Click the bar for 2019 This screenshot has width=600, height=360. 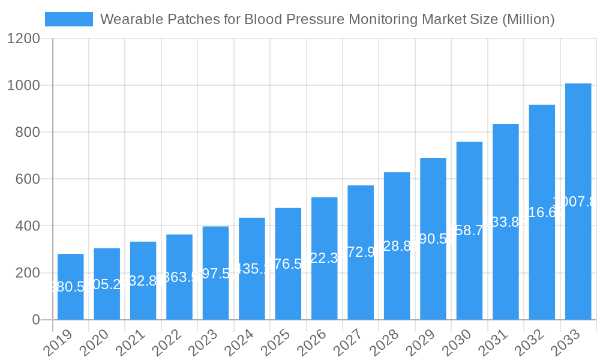tap(71, 287)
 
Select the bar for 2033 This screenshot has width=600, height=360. tap(578, 202)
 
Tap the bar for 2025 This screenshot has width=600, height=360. tap(288, 264)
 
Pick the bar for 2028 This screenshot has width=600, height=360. tap(397, 246)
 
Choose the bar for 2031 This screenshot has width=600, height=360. tap(506, 222)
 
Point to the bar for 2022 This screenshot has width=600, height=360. tap(179, 277)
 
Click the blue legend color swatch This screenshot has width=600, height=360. tap(69, 19)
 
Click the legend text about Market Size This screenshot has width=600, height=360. tap(327, 19)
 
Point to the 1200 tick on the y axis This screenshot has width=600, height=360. tap(23, 39)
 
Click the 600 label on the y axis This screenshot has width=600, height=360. tap(28, 179)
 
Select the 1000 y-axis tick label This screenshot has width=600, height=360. tap(23, 86)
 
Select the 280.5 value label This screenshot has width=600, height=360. tap(70, 287)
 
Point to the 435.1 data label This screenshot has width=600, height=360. tap(252, 269)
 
